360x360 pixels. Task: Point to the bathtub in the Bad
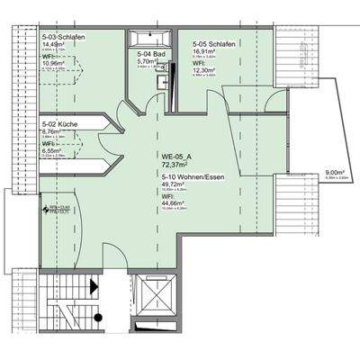point(147,39)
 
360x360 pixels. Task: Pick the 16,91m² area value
point(206,51)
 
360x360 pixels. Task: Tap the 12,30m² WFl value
point(206,70)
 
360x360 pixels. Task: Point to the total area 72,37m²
point(174,166)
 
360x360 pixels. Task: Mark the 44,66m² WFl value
point(174,205)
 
